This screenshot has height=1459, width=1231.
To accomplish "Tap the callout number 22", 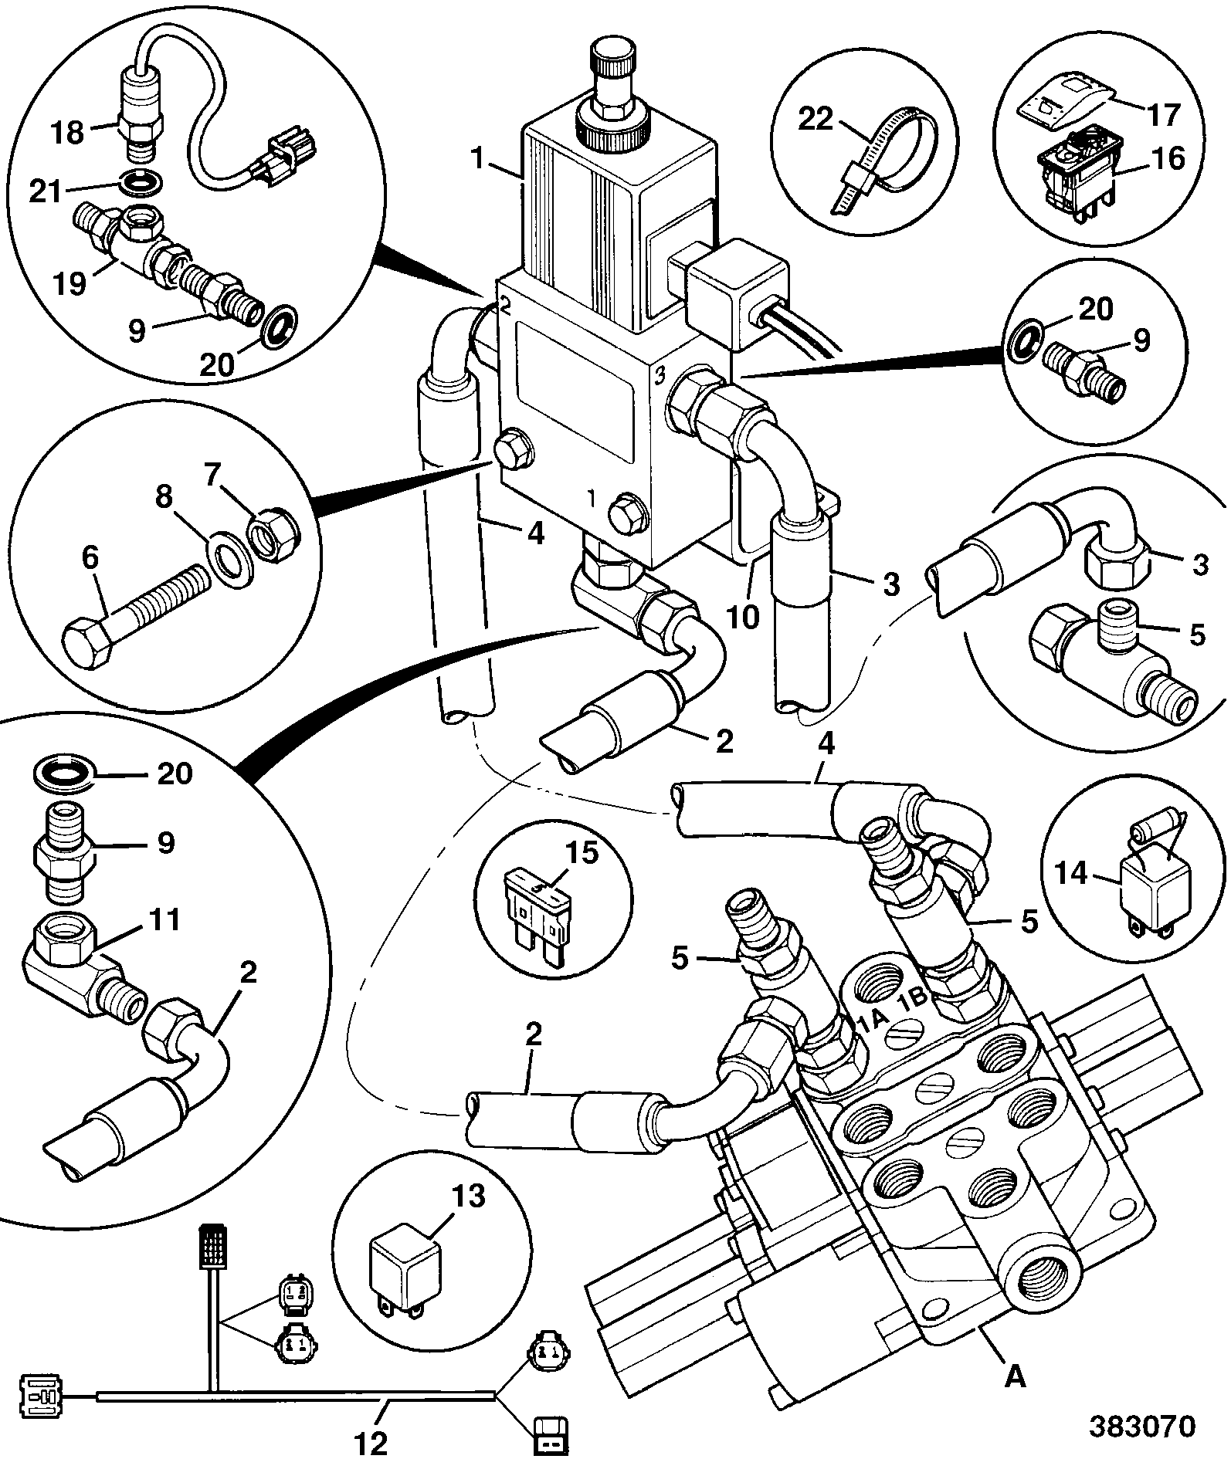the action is [x=816, y=120].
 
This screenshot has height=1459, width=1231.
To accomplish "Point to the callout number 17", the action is [x=1164, y=115].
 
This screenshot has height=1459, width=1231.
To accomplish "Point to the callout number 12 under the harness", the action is [x=373, y=1440].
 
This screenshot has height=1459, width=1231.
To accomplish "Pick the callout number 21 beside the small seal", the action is [x=45, y=191].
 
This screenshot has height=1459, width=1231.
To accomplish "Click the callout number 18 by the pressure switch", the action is [x=68, y=132].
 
